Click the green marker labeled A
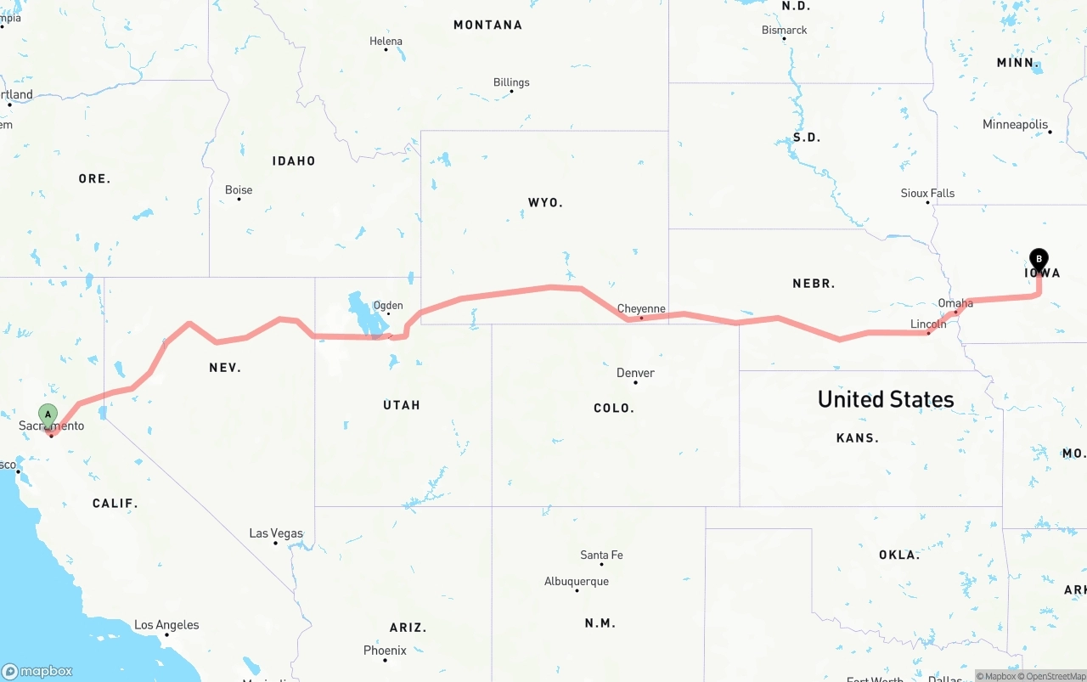(x=48, y=415)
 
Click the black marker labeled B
(x=1039, y=260)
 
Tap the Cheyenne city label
(x=641, y=309)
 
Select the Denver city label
(x=635, y=373)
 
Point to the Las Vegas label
(x=276, y=533)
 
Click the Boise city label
(x=239, y=190)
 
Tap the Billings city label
(x=511, y=82)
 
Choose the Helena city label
(x=386, y=41)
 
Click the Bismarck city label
(x=784, y=30)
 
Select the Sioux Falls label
(x=927, y=194)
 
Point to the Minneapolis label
(x=1016, y=125)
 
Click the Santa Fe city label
(x=601, y=555)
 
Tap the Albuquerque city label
(x=577, y=582)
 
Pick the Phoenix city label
(x=385, y=651)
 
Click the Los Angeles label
(x=166, y=625)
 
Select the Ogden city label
(x=388, y=306)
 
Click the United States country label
(x=886, y=399)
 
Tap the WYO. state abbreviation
(x=545, y=203)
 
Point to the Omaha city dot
(x=955, y=312)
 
